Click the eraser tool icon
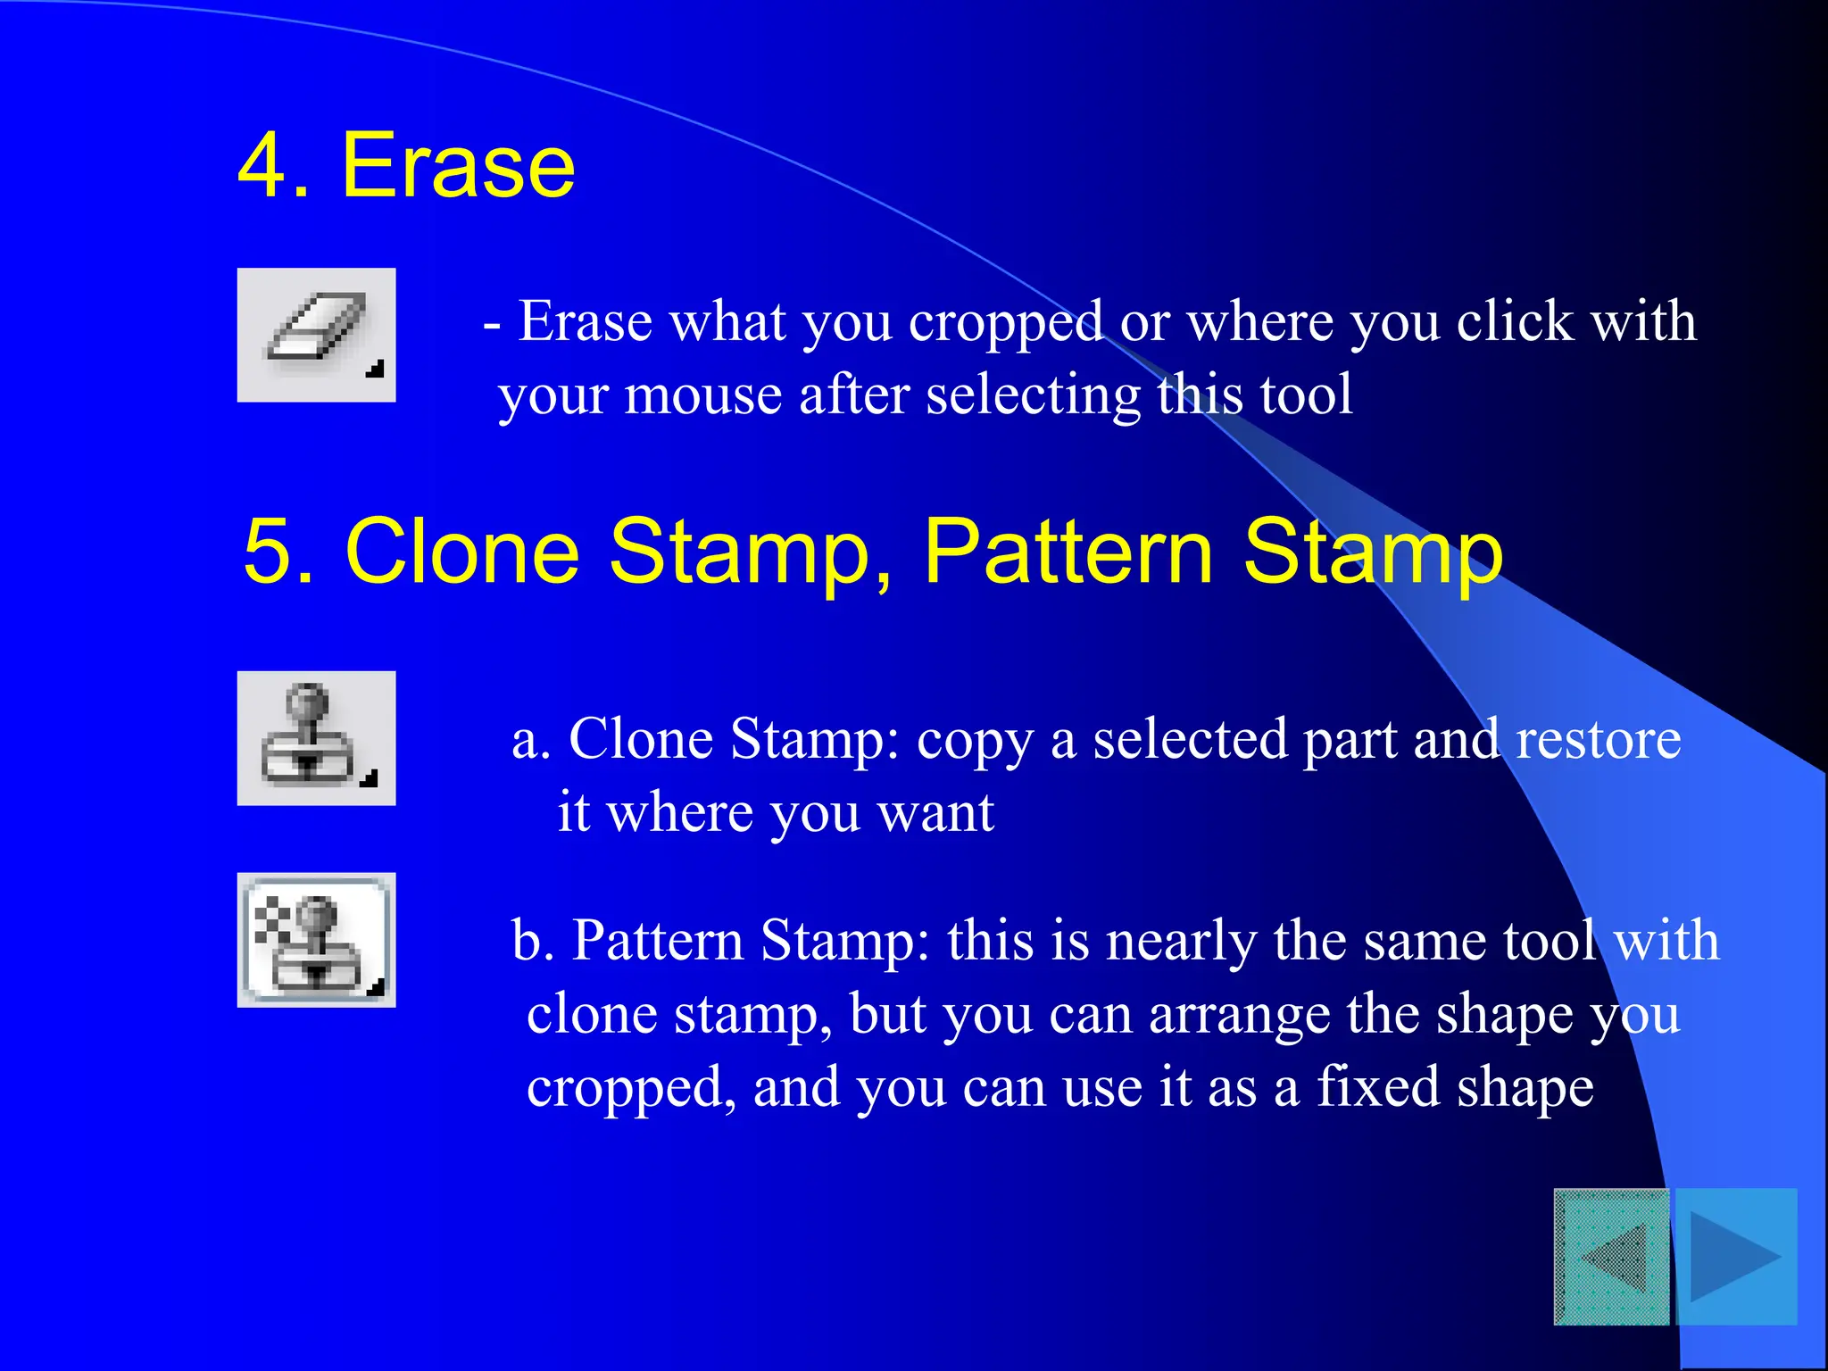(316, 334)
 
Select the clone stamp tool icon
(316, 738)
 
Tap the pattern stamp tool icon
(316, 940)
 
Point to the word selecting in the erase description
(1034, 395)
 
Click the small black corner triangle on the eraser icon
(376, 369)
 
